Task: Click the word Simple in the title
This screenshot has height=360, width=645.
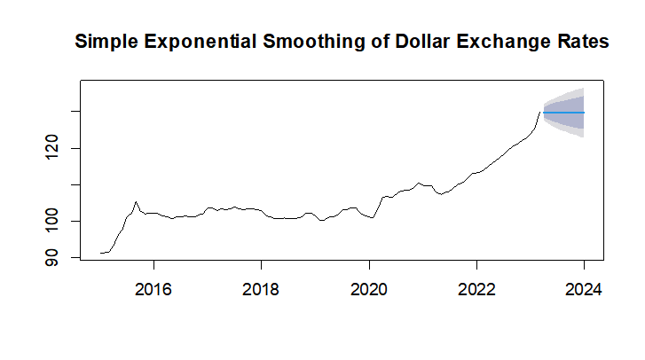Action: tap(103, 42)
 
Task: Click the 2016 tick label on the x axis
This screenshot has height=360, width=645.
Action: tap(153, 291)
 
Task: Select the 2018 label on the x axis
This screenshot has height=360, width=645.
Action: tap(261, 291)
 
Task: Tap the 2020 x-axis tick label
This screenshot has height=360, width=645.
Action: tap(369, 291)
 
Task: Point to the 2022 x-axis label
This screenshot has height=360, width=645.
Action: tap(476, 291)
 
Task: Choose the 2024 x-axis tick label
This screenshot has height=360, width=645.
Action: tap(584, 291)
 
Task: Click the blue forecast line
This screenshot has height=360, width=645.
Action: tap(563, 113)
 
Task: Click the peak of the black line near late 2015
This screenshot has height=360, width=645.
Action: tap(136, 202)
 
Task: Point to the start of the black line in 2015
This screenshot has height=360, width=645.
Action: tap(101, 253)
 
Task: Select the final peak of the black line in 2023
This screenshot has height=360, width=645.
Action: tap(539, 112)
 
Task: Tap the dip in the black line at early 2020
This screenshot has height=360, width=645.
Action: tap(374, 217)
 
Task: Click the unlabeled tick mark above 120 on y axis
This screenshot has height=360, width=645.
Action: tap(76, 112)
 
